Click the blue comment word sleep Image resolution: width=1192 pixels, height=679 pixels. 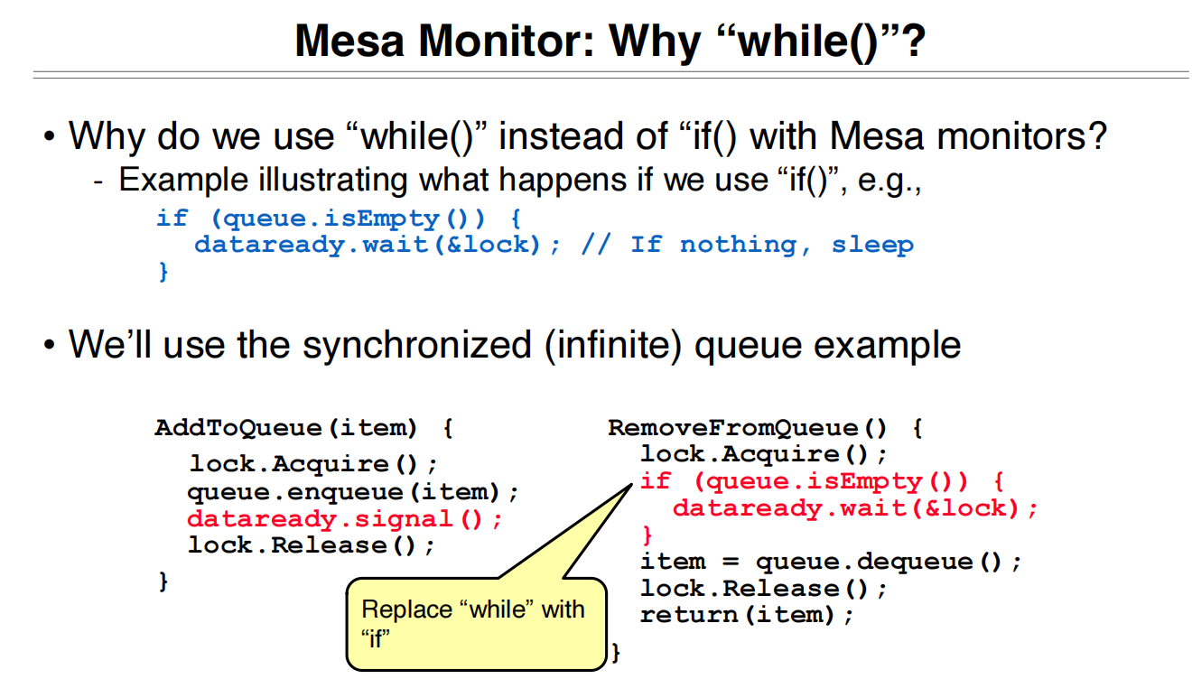[x=871, y=245]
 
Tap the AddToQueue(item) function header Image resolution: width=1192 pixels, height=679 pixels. [x=286, y=427]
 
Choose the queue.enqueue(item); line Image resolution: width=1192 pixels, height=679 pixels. [x=354, y=492]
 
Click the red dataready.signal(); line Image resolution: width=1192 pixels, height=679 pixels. [x=344, y=519]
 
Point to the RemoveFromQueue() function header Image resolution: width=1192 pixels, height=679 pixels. [x=749, y=427]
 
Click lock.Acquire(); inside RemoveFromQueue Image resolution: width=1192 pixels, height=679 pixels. [x=764, y=454]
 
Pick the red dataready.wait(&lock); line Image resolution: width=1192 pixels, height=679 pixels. [x=855, y=508]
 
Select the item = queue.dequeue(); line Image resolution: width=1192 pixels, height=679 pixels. [x=831, y=562]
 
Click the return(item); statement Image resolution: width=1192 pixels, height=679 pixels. [x=747, y=615]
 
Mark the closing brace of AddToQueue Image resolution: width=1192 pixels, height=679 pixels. [x=163, y=582]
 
